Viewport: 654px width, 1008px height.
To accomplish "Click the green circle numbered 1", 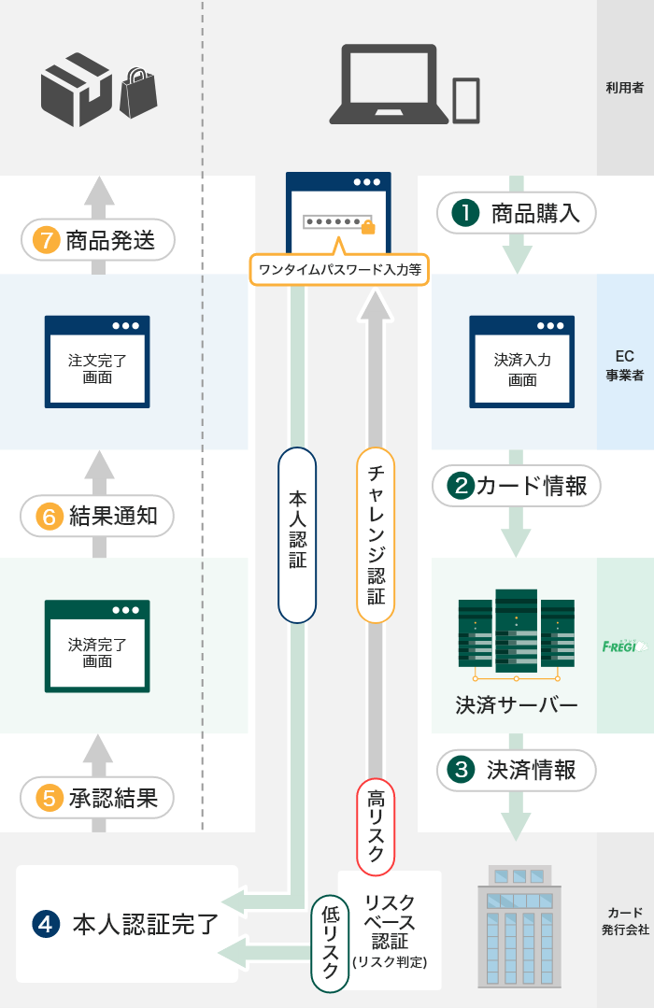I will (x=464, y=213).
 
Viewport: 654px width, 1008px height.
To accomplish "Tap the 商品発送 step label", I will (x=98, y=241).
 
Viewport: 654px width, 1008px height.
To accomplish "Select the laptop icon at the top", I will (x=389, y=84).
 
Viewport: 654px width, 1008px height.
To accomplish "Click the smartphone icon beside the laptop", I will (x=466, y=99).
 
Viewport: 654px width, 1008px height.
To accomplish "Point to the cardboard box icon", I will (x=76, y=90).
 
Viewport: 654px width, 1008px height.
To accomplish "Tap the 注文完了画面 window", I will (x=97, y=362).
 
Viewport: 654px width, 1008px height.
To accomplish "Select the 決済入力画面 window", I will (x=521, y=362).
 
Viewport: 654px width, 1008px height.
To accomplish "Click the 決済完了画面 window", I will (x=97, y=646).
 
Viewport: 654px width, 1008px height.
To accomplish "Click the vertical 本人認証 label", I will (x=297, y=535).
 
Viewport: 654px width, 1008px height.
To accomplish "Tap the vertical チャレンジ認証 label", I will (x=376, y=535).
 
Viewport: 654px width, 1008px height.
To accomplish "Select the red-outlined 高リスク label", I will (x=376, y=826).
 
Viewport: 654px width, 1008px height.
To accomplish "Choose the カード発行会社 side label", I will (x=625, y=921).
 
